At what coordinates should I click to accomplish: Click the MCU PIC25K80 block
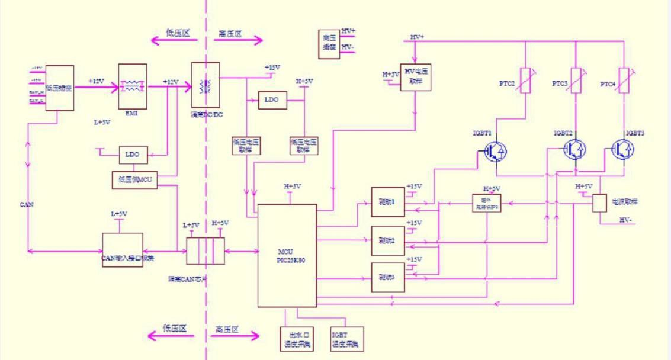(287, 255)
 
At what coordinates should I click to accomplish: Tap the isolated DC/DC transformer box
(206, 85)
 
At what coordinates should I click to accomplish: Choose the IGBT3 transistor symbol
(624, 149)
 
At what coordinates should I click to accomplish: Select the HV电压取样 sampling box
(416, 77)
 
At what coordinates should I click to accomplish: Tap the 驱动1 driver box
(387, 201)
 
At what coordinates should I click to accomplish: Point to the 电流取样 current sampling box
(600, 203)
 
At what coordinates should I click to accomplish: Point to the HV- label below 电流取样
(627, 220)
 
